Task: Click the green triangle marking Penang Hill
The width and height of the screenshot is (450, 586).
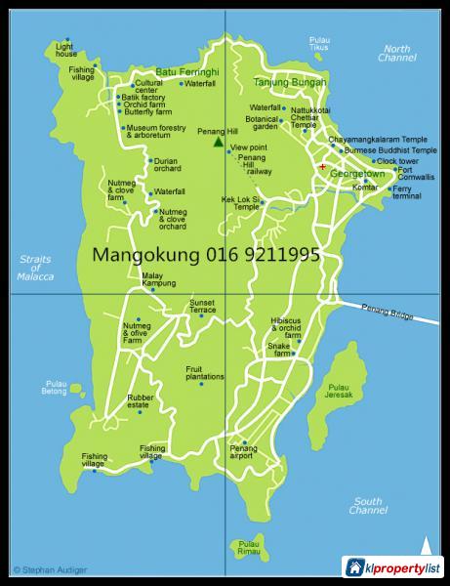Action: pos(217,143)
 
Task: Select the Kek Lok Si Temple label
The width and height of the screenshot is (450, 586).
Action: pos(240,203)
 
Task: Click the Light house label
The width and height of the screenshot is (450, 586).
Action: pos(66,50)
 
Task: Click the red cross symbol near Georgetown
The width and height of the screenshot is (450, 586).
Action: pos(322,166)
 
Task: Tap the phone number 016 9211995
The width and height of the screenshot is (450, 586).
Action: pos(263,256)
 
